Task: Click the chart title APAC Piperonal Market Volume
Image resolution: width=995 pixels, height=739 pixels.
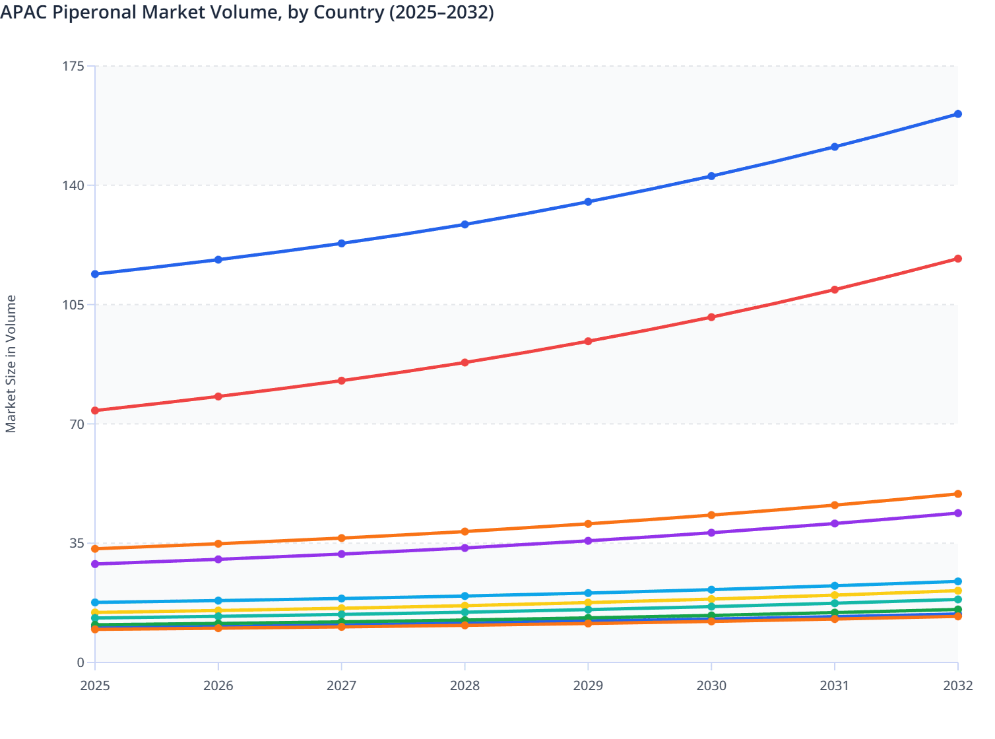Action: [247, 13]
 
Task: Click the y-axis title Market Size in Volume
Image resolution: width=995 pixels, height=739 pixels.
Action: [11, 364]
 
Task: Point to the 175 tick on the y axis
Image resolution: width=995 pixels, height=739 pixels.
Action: [74, 66]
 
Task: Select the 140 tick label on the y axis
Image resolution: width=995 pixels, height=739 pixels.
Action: [74, 185]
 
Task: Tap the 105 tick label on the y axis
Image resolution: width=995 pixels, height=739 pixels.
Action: [74, 305]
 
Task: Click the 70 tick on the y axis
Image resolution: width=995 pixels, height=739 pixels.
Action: [77, 424]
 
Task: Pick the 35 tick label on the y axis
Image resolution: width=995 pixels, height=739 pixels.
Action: [77, 544]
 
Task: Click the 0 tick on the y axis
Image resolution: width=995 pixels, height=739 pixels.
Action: [80, 663]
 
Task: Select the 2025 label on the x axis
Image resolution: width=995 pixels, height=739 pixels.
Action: [95, 686]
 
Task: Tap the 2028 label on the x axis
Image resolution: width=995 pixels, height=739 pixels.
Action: [465, 686]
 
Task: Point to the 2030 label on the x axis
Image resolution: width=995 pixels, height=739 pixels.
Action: [711, 686]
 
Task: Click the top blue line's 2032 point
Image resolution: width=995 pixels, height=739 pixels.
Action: [958, 114]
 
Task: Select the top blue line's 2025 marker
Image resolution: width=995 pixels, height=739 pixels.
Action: [95, 274]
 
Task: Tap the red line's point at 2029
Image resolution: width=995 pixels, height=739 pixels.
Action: [588, 341]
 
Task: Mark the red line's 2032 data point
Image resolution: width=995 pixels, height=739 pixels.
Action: [958, 259]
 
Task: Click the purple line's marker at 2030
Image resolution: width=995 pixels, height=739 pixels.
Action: [711, 532]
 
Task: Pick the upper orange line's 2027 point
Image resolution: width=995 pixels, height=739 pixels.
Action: [342, 538]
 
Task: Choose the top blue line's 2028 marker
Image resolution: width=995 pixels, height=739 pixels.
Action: [465, 224]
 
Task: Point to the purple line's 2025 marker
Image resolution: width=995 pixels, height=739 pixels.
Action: [95, 564]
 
